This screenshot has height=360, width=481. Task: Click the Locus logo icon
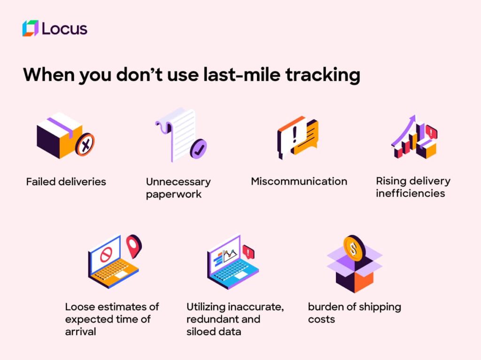[x=31, y=28]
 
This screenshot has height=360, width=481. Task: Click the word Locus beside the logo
[x=64, y=29]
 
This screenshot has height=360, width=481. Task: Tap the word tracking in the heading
[x=323, y=75]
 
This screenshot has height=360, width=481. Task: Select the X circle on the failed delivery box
[x=85, y=144]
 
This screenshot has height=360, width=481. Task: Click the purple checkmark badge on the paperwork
[x=198, y=149]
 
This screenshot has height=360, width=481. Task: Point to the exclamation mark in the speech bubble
[x=295, y=135]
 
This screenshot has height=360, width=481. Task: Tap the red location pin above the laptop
[x=134, y=246]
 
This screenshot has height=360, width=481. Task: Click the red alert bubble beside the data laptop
[x=248, y=252]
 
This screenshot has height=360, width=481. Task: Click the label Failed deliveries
[x=66, y=182]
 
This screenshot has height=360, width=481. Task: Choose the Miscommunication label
[x=299, y=181]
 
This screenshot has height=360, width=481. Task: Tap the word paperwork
[x=174, y=195]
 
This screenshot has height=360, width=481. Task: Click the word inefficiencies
[x=411, y=193]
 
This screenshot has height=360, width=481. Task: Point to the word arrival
[x=80, y=331]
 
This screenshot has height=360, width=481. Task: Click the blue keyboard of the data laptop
[x=234, y=271]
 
